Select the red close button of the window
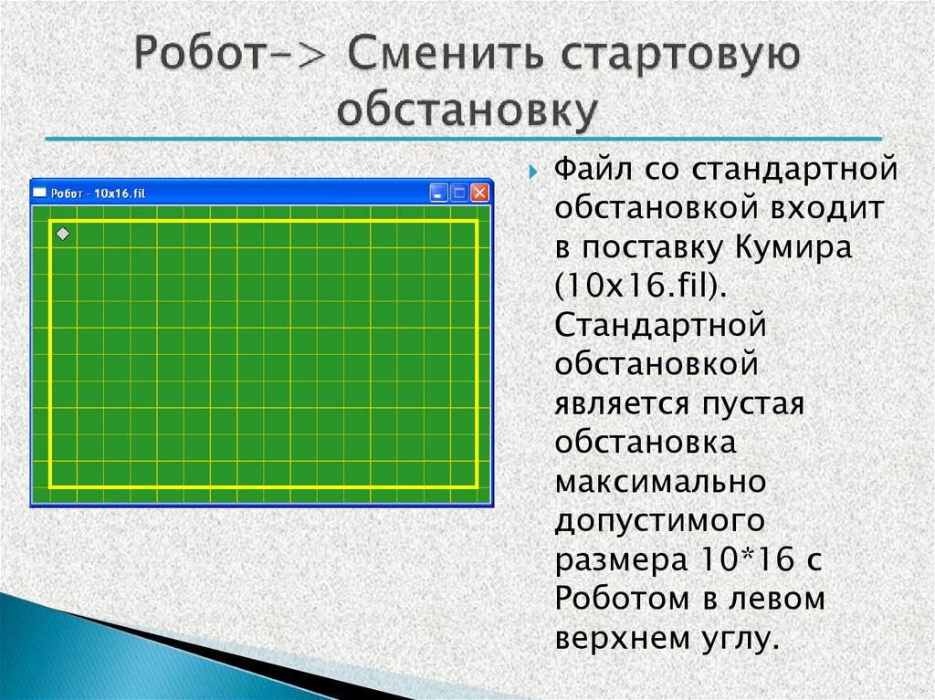(x=479, y=193)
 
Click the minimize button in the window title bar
(x=439, y=193)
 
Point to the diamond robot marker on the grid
(x=62, y=235)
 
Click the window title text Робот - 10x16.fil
(x=99, y=193)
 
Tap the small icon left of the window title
(x=40, y=193)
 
